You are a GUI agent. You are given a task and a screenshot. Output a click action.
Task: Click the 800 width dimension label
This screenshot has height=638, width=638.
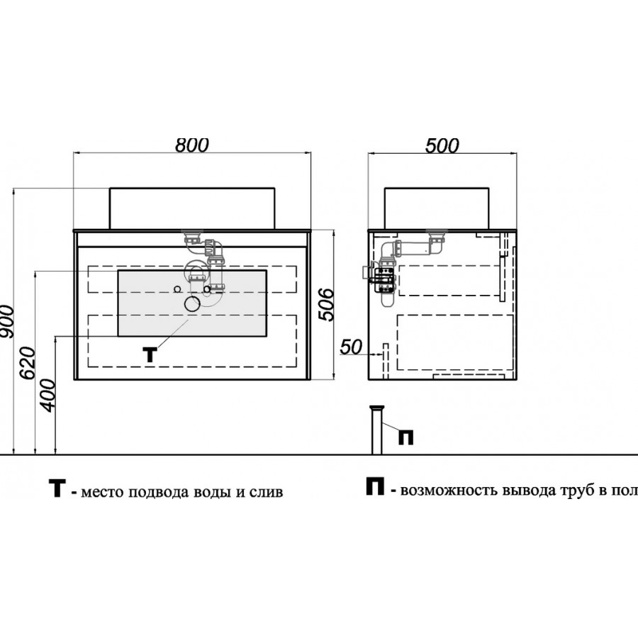(192, 145)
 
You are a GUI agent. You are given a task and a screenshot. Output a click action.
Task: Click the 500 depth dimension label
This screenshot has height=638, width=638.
(442, 145)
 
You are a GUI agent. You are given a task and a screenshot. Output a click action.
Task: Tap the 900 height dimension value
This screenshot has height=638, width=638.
(8, 321)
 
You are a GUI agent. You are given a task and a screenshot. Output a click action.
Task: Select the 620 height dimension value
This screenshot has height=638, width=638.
(28, 363)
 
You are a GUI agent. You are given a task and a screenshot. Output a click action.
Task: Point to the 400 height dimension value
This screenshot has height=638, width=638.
(47, 396)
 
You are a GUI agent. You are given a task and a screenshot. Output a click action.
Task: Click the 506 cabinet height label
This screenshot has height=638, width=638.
(326, 304)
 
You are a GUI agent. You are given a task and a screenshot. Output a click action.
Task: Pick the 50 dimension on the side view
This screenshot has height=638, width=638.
(351, 347)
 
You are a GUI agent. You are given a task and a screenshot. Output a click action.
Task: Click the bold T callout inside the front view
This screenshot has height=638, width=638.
(150, 355)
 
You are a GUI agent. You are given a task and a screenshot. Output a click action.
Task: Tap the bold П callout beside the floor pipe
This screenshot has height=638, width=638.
(405, 437)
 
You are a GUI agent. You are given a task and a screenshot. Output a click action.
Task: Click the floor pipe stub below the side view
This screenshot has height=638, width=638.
(377, 430)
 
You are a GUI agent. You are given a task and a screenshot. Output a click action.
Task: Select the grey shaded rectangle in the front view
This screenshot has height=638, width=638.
(192, 303)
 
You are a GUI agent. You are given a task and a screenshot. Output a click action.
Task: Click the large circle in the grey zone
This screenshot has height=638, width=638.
(192, 303)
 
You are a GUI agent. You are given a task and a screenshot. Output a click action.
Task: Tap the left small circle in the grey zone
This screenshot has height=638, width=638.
(177, 289)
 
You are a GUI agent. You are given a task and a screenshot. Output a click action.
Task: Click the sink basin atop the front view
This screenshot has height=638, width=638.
(192, 208)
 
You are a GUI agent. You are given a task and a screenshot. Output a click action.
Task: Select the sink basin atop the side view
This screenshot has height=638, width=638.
(437, 208)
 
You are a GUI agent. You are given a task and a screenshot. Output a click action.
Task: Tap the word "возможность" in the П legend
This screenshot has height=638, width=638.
(449, 491)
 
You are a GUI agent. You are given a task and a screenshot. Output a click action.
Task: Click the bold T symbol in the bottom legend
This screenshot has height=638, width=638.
(57, 488)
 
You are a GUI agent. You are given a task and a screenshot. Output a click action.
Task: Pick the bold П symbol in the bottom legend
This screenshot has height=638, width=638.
(375, 486)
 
